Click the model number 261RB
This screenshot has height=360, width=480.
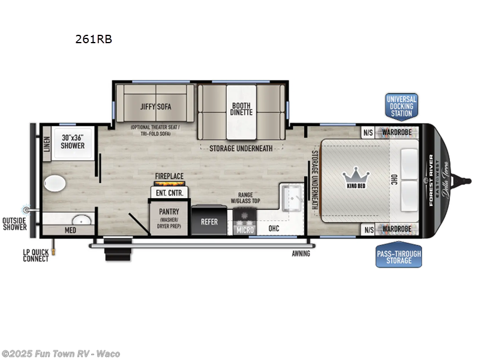(93, 40)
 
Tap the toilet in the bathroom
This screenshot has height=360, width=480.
(55, 183)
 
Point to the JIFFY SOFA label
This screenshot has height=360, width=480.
(156, 107)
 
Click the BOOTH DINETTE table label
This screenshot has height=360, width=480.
(242, 109)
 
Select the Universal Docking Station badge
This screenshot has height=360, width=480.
(401, 106)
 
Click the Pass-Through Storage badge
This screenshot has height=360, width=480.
(398, 257)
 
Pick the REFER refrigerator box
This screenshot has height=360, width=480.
(209, 221)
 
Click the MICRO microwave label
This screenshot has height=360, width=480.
(244, 230)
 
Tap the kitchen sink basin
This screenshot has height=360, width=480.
(293, 195)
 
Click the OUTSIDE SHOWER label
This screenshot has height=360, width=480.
(14, 223)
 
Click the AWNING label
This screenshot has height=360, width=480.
(301, 253)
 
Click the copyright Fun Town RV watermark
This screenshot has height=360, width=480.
(61, 353)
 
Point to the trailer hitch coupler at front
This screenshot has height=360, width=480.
(463, 178)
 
